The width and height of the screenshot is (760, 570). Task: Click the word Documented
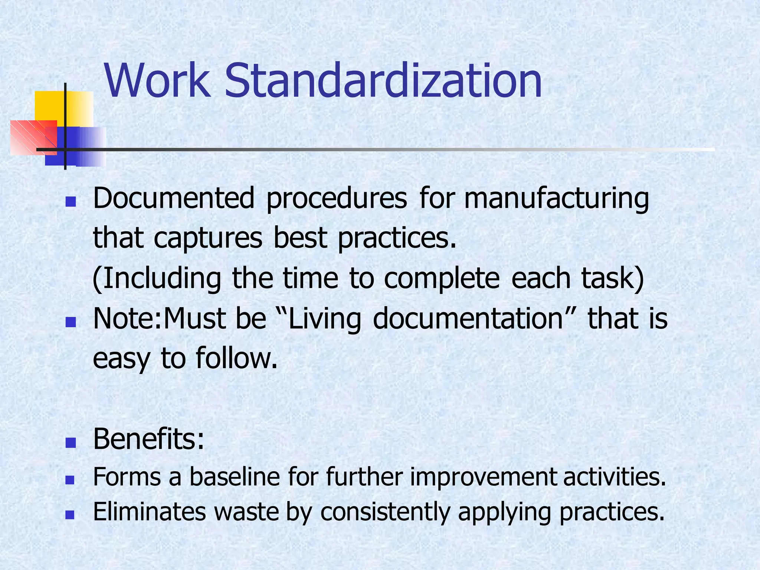pyautogui.click(x=174, y=198)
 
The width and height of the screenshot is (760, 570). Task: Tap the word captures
pyautogui.click(x=208, y=239)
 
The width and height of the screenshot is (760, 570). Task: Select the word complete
pyautogui.click(x=442, y=279)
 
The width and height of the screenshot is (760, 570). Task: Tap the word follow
pyautogui.click(x=236, y=358)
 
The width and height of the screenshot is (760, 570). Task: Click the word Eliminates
pyautogui.click(x=149, y=512)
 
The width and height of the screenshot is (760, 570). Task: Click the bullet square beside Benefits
pyautogui.click(x=70, y=443)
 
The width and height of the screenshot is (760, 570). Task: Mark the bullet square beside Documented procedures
pyautogui.click(x=70, y=202)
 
